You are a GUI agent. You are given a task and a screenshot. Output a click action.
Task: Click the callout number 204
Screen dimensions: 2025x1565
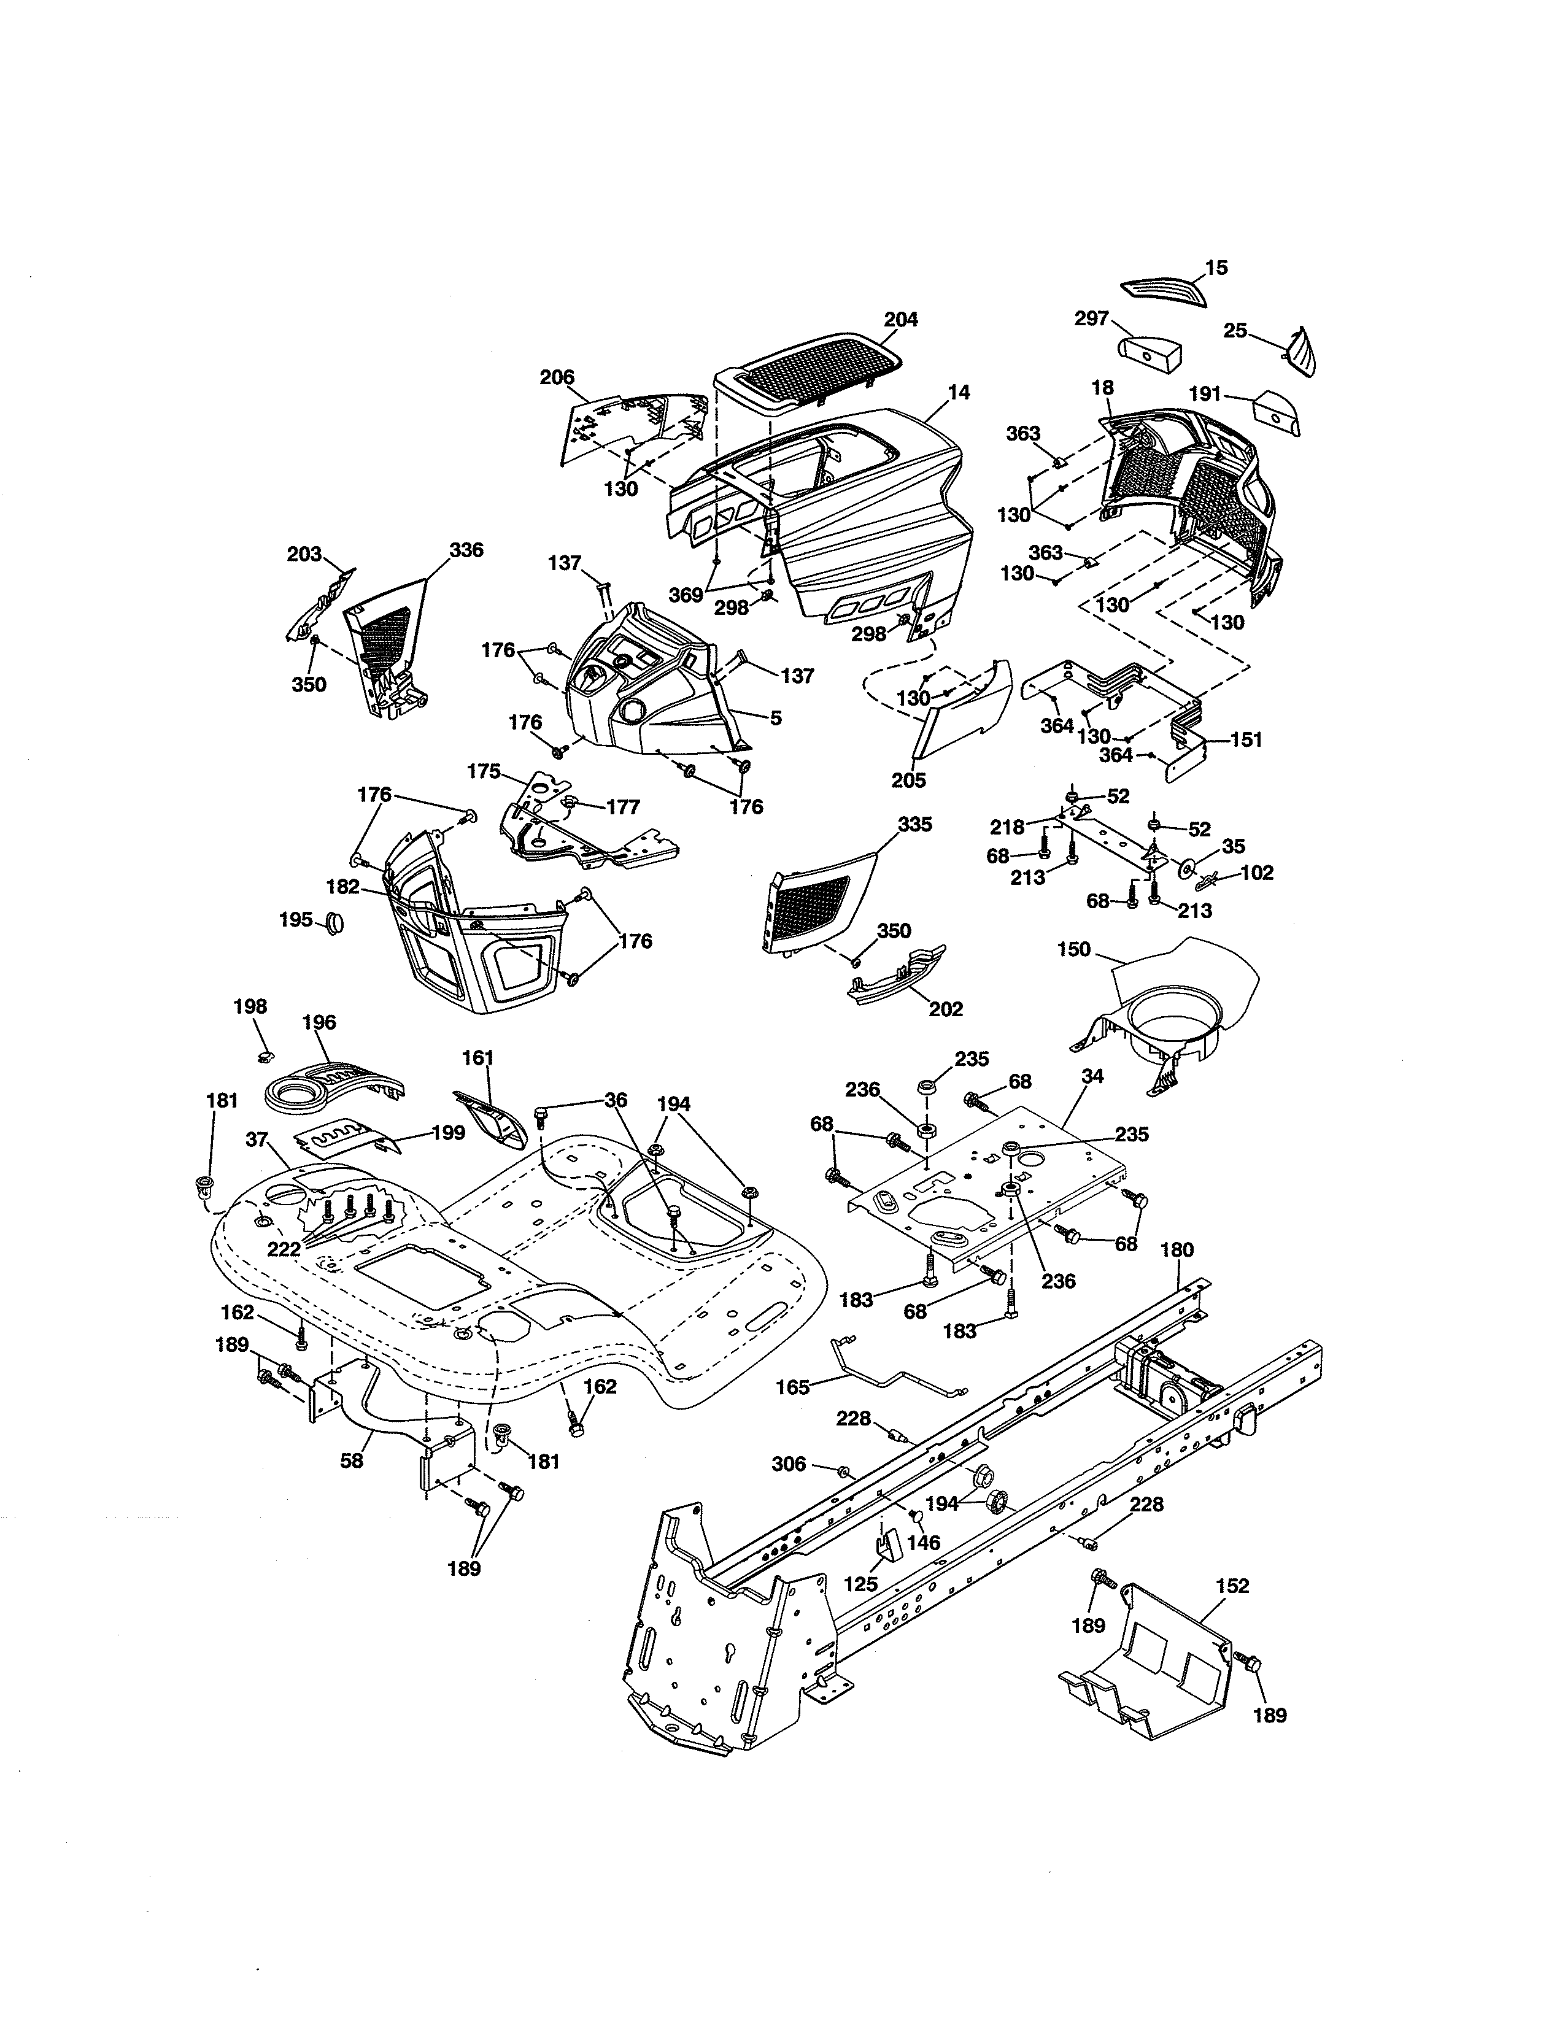pos(900,319)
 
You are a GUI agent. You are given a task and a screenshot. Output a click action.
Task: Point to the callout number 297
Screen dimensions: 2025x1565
pos(1091,318)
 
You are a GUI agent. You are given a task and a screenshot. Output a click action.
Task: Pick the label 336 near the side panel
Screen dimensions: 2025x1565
pos(466,550)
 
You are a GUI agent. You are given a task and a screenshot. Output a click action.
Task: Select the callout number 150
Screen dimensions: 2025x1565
pos(1073,949)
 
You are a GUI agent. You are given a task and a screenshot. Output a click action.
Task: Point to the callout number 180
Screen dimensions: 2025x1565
pos(1178,1250)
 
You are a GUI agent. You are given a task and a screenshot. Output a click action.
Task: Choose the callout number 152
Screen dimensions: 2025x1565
pos(1232,1586)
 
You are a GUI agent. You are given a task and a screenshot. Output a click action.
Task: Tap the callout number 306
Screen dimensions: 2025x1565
pos(789,1464)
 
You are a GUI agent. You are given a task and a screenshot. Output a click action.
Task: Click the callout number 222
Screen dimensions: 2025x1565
pos(284,1249)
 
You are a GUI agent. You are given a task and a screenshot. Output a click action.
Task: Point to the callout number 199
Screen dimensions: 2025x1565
pos(448,1132)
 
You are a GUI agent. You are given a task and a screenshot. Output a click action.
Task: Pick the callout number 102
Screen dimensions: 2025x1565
pos(1256,873)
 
